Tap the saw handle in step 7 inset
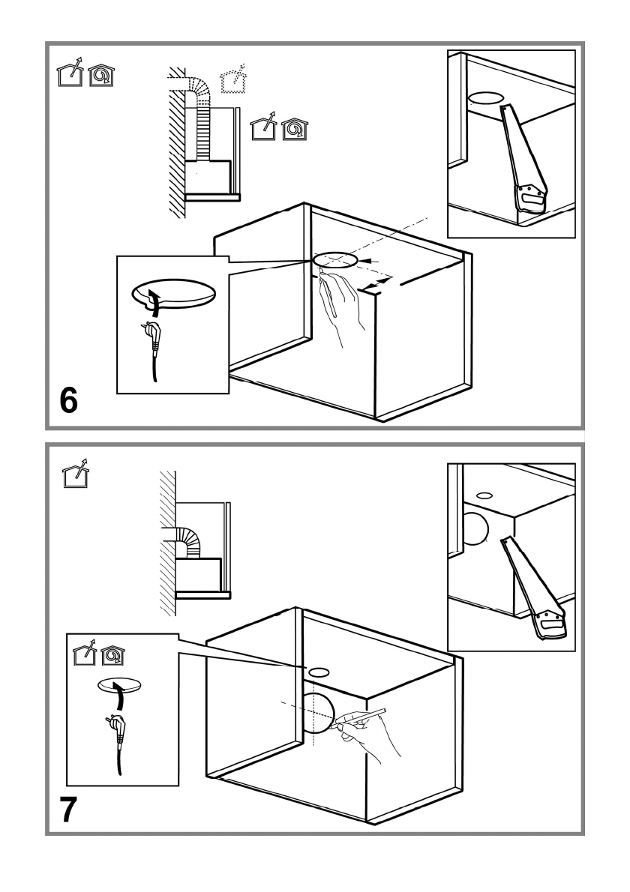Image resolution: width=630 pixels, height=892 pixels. point(552,619)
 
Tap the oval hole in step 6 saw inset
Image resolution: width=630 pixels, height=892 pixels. point(486,99)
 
